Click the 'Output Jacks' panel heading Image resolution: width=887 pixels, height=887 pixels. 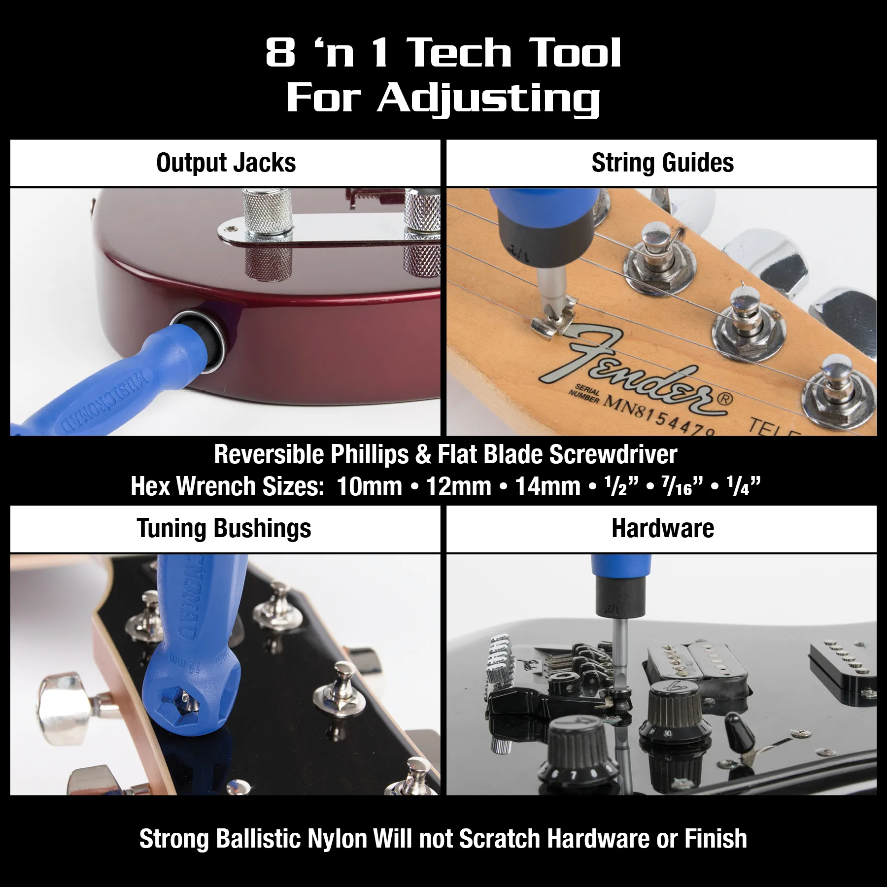pyautogui.click(x=226, y=163)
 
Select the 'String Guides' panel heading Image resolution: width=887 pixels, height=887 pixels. pyautogui.click(x=662, y=163)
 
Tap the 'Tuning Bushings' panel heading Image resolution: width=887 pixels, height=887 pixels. pyautogui.click(x=224, y=528)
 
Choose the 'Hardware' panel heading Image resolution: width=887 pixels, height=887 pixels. pyautogui.click(x=662, y=528)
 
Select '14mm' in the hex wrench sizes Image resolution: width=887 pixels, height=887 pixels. pyautogui.click(x=547, y=486)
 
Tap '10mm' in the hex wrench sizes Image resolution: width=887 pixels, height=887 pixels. pyautogui.click(x=370, y=486)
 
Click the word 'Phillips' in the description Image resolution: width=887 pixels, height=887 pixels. pyautogui.click(x=369, y=454)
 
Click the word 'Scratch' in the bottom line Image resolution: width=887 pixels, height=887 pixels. pyautogui.click(x=500, y=839)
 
